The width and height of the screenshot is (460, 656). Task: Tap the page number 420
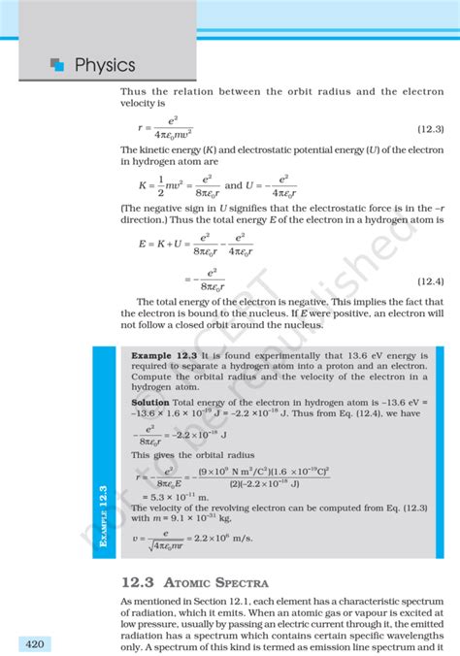(33, 644)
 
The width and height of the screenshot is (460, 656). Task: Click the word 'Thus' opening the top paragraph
(134, 91)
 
